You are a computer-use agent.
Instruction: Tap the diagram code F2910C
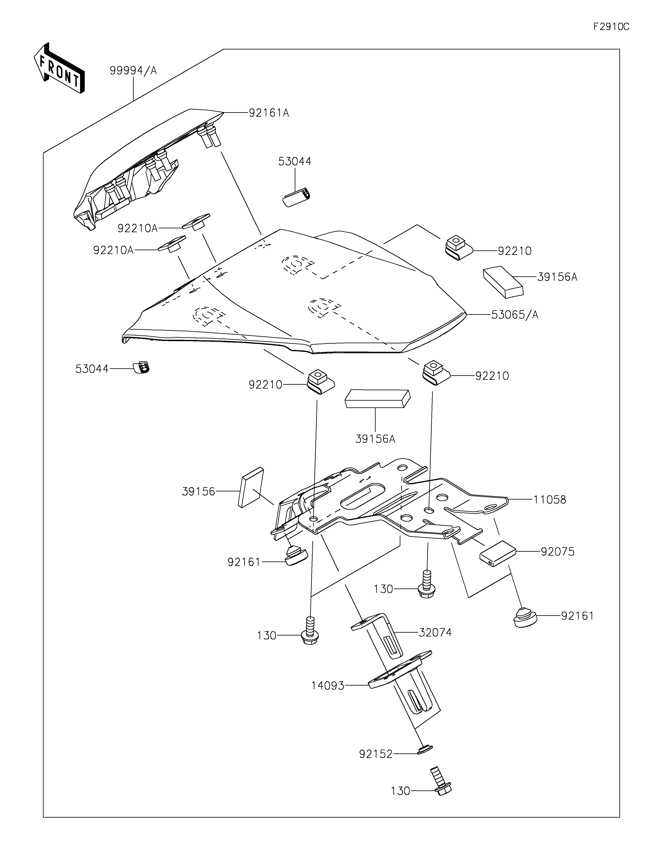click(x=611, y=27)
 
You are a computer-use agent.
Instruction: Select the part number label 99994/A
click(x=133, y=70)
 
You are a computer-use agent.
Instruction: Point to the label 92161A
click(x=269, y=113)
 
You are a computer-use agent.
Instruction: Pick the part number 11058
click(x=550, y=500)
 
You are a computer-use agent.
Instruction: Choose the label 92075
click(x=558, y=551)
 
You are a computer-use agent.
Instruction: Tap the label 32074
click(x=435, y=633)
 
